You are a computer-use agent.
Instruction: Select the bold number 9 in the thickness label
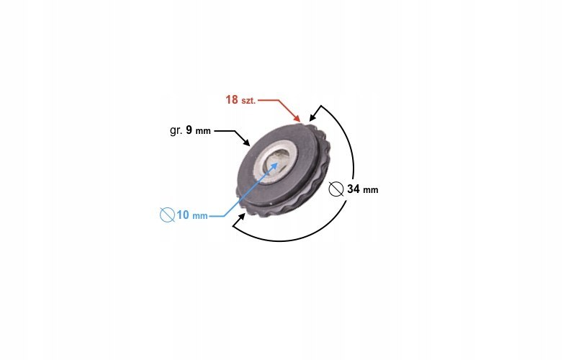[189, 131]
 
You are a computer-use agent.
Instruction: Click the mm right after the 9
[203, 132]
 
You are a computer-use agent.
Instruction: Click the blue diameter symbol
[167, 215]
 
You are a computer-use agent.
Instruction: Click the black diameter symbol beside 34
[335, 189]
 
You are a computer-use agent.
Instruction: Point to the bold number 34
[353, 190]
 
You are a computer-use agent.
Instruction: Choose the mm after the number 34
[370, 191]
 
